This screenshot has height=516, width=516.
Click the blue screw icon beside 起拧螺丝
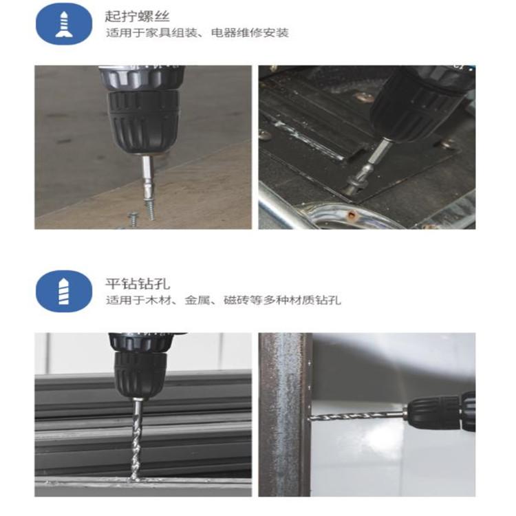tap(64, 23)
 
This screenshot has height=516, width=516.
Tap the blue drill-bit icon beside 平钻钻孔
tap(64, 291)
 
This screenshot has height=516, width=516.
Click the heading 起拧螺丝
tap(137, 16)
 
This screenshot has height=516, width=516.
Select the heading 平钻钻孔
tap(137, 283)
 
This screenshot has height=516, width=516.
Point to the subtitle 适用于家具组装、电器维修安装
tap(197, 33)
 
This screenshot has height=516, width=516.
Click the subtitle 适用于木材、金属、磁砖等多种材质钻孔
tap(224, 300)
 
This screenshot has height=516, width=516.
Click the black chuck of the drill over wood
tap(144, 122)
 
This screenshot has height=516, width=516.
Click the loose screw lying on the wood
tap(133, 219)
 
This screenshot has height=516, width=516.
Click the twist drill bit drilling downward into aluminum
tap(137, 440)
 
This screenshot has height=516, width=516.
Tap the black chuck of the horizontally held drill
tap(433, 413)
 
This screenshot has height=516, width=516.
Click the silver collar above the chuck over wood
tap(142, 78)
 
